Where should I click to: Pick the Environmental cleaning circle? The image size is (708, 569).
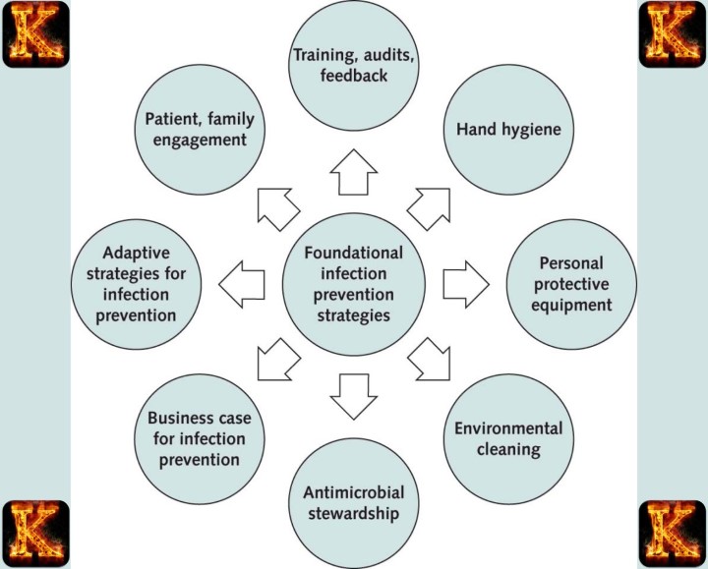pyautogui.click(x=509, y=439)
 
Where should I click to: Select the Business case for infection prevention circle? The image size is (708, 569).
pyautogui.click(x=200, y=439)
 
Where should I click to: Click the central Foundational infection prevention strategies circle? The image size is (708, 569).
pyautogui.click(x=354, y=285)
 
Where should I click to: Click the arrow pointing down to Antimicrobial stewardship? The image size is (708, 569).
pyautogui.click(x=354, y=393)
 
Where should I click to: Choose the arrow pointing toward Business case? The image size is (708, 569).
pyautogui.click(x=278, y=360)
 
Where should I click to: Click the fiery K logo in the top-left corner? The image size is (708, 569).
pyautogui.click(x=35, y=34)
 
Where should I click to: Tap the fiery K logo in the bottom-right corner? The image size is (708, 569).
pyautogui.click(x=673, y=534)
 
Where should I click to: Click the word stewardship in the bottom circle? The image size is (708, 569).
pyautogui.click(x=355, y=512)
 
